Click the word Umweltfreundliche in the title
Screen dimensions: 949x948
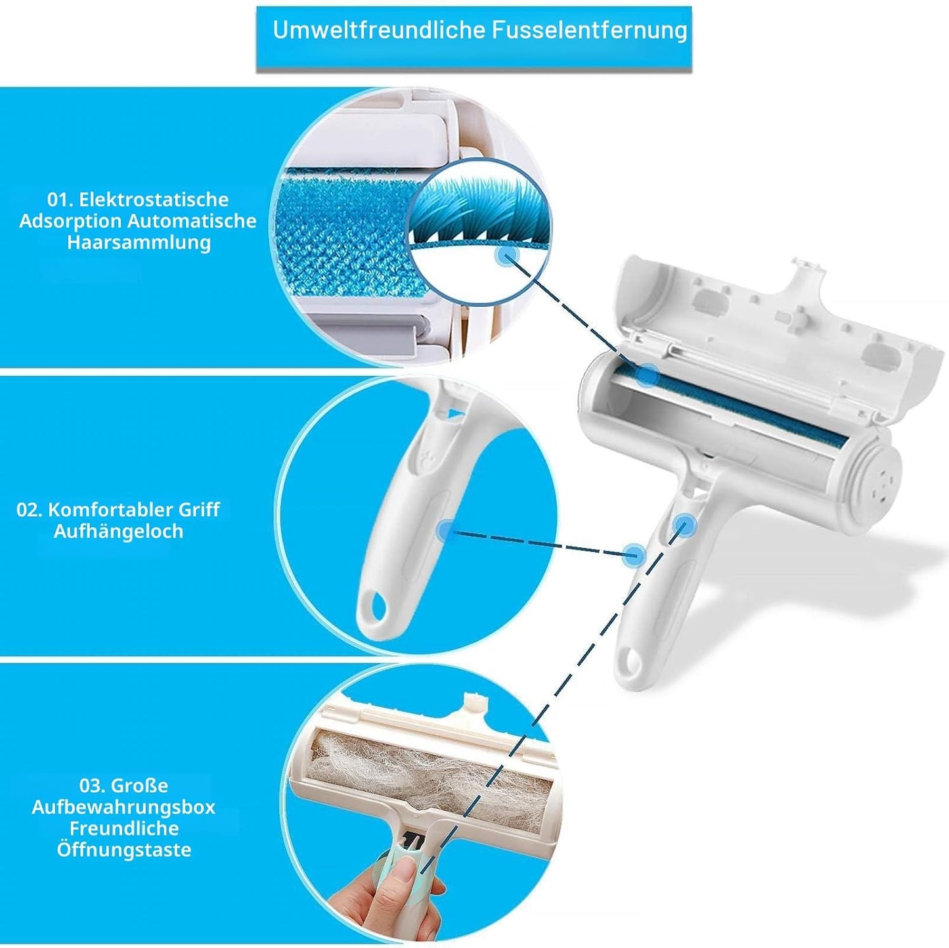379,30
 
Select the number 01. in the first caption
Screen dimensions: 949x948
60,200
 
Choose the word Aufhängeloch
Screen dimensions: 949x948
119,531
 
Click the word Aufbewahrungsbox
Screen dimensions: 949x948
124,807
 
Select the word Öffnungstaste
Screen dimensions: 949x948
124,850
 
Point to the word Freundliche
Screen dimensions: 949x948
124,828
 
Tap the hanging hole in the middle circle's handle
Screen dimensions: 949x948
375,608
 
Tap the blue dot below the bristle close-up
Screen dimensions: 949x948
508,256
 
